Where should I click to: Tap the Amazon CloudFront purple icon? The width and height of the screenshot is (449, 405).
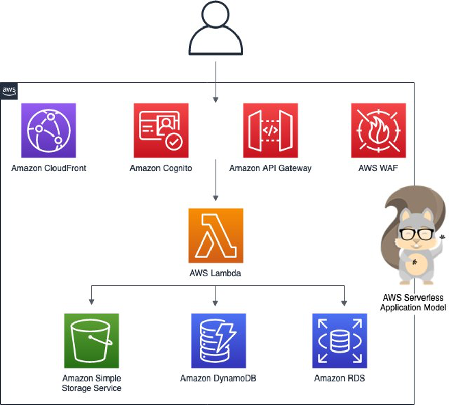pos(48,130)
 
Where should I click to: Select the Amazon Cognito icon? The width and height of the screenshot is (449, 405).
pos(161,130)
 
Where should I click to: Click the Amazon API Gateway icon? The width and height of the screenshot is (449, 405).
pos(270,130)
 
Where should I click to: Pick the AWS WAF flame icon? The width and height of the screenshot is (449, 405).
pos(378,130)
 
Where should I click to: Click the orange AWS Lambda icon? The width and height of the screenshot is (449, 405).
pos(215,235)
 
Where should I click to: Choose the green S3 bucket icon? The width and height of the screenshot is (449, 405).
pos(91,340)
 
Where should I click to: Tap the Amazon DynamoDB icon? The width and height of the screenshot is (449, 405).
pos(218,340)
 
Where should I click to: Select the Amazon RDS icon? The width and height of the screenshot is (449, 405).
pos(339,340)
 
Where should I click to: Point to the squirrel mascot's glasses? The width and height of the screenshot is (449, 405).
pos(416,234)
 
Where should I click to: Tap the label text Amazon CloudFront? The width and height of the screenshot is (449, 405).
pos(48,168)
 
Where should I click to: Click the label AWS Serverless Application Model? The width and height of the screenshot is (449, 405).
pos(413,303)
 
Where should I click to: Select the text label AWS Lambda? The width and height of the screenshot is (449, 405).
pos(215,273)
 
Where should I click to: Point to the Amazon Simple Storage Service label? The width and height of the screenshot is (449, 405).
pos(92,383)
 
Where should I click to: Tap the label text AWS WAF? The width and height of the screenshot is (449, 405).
pos(378,168)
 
